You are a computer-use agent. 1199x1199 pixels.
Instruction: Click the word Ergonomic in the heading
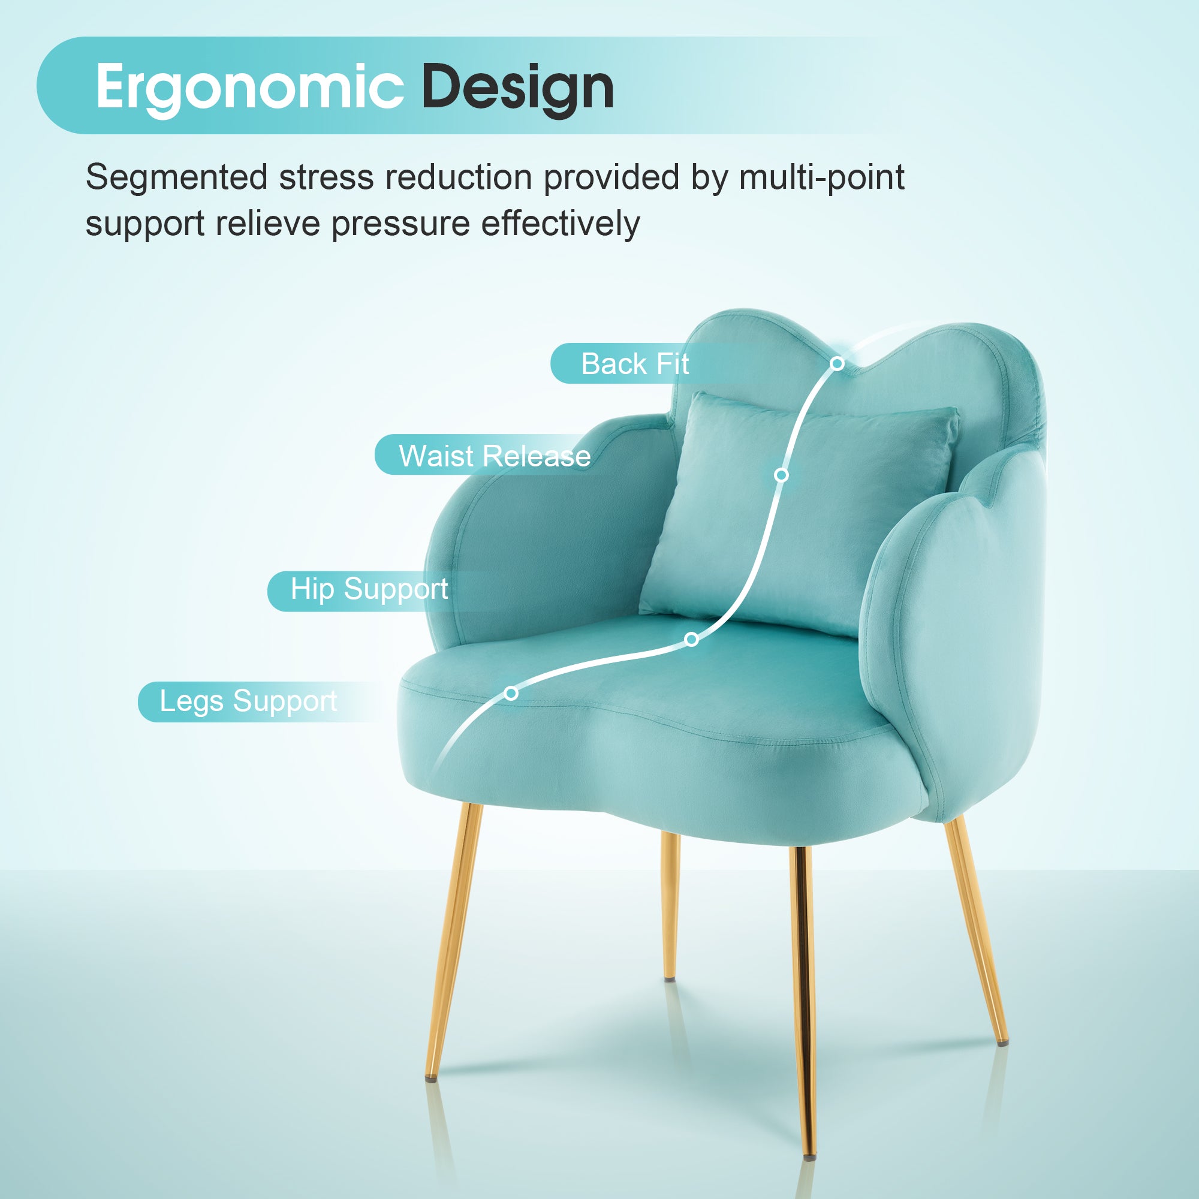point(250,88)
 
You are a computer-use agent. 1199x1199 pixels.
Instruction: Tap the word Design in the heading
point(518,88)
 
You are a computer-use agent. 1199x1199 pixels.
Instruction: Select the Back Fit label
point(635,364)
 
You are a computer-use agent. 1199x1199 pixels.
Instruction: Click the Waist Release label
point(495,456)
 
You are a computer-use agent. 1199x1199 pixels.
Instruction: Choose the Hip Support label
point(369,589)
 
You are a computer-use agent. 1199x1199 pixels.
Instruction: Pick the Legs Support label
point(248,702)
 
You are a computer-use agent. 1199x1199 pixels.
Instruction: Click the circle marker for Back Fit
point(837,364)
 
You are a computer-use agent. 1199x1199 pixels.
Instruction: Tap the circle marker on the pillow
point(781,475)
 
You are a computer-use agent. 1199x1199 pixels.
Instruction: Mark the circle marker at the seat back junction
point(691,639)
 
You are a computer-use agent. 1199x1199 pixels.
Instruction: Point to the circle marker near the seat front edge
point(511,693)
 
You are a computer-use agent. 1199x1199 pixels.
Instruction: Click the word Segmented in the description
point(177,177)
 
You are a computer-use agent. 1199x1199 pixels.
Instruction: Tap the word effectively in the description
point(561,224)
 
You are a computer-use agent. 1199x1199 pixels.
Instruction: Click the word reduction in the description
point(459,177)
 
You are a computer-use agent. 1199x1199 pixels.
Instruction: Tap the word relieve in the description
point(268,224)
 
